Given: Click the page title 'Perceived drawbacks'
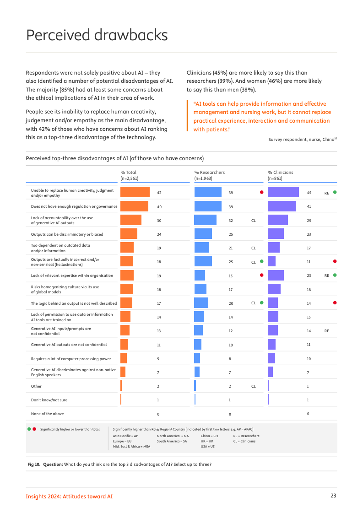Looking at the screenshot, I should pyautogui.click(x=97, y=35).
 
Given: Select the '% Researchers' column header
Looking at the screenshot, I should pyautogui.click(x=209, y=173).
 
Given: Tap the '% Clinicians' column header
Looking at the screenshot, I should pyautogui.click(x=280, y=173).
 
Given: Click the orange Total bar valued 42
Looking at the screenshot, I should pyautogui.click(x=135, y=193).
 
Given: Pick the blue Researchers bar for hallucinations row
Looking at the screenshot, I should pyautogui.click(x=203, y=261).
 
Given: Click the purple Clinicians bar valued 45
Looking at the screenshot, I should pyautogui.click(x=283, y=193).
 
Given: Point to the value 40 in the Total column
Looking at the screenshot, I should pyautogui.click(x=159, y=207).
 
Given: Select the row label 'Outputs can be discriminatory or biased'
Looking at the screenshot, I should pyautogui.click(x=67, y=234).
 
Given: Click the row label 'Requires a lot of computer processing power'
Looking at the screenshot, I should pyautogui.click(x=71, y=359).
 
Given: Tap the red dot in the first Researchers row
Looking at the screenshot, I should pyautogui.click(x=261, y=192).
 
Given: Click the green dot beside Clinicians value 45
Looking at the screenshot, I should pyautogui.click(x=335, y=192).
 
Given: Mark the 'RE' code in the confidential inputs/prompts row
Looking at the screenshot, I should pyautogui.click(x=326, y=331).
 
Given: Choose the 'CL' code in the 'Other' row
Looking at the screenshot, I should pyautogui.click(x=253, y=386).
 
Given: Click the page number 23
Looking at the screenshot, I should pyautogui.click(x=334, y=496).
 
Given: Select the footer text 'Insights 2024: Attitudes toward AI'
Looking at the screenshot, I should pyautogui.click(x=69, y=497).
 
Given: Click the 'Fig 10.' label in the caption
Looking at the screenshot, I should pyautogui.click(x=34, y=464).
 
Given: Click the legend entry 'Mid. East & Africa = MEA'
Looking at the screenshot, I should pyautogui.click(x=131, y=446).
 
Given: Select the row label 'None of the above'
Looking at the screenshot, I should pyautogui.click(x=47, y=414).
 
